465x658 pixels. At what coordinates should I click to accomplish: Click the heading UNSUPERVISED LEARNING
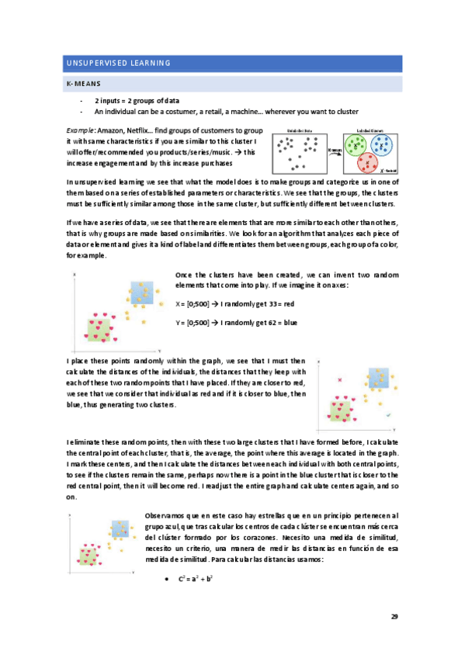click(116, 62)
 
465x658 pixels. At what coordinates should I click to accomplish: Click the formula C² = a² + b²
click(196, 578)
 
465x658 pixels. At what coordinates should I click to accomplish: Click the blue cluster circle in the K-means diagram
click(382, 144)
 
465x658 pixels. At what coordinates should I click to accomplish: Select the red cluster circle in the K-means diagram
click(370, 161)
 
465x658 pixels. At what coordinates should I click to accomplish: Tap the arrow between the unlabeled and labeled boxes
click(335, 151)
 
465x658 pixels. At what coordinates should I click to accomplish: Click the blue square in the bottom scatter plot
click(120, 529)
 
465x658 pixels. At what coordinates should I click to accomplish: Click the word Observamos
click(167, 515)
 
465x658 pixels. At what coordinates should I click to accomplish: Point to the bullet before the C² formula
click(168, 579)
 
